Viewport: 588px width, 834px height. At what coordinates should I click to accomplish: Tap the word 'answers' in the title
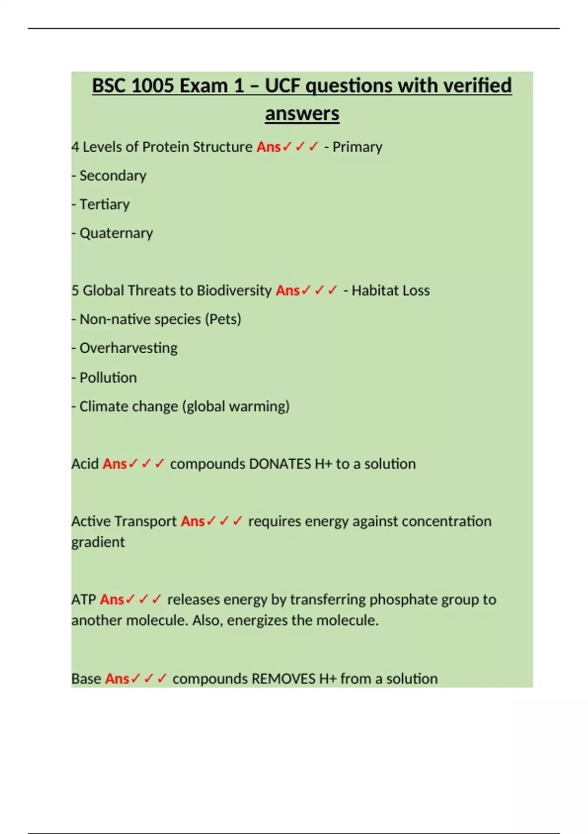pos(302,114)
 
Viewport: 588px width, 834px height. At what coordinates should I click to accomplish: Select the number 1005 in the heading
pos(152,86)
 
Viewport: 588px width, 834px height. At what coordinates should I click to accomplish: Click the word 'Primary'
pos(357,147)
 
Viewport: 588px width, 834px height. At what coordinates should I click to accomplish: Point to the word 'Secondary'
pos(113,176)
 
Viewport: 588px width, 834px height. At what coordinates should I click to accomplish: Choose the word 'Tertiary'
pos(104,204)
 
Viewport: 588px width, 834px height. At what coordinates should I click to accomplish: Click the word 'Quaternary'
pos(116,233)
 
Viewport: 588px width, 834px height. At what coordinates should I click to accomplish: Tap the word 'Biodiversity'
pos(234,290)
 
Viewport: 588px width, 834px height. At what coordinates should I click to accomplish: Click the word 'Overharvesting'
pos(128,348)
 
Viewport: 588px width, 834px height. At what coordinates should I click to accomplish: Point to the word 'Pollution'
pos(108,377)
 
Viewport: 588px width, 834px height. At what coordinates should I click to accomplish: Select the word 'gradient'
pos(98,542)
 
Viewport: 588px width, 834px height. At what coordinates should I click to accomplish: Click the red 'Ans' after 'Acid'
pos(115,464)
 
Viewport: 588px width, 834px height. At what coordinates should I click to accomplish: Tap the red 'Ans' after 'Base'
pos(117,678)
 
